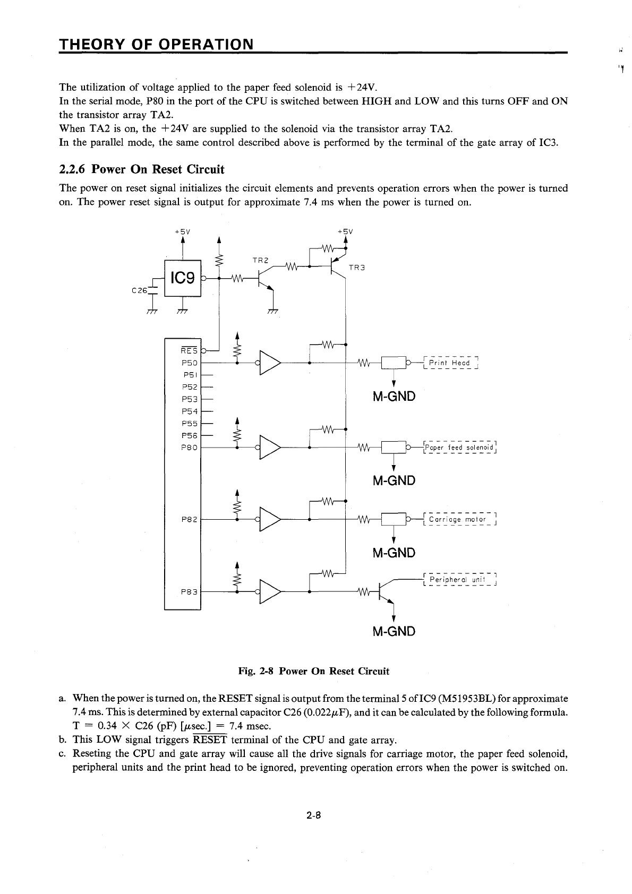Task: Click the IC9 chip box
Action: click(x=183, y=278)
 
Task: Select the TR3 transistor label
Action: click(x=356, y=268)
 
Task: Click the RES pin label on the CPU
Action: click(x=189, y=350)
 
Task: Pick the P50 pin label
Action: click(x=189, y=363)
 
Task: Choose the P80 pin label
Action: click(x=189, y=448)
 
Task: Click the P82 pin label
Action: click(x=189, y=519)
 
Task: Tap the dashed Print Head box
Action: click(x=451, y=363)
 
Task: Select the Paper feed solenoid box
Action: click(x=460, y=448)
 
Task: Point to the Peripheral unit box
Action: click(x=459, y=580)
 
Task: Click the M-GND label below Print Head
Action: click(x=394, y=397)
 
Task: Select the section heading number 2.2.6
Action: click(x=73, y=170)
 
